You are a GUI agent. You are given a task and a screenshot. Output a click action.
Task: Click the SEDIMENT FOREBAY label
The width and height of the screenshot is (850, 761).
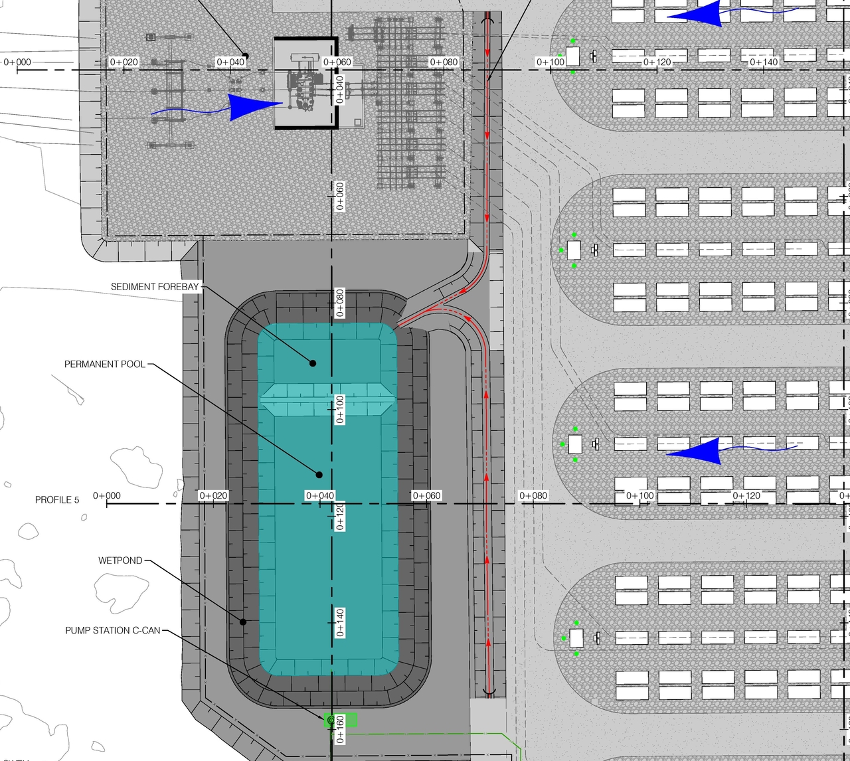coord(155,287)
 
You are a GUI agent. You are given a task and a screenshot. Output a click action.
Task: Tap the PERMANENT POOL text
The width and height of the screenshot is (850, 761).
coord(105,365)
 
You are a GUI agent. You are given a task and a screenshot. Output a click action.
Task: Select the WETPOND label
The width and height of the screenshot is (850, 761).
coord(120,560)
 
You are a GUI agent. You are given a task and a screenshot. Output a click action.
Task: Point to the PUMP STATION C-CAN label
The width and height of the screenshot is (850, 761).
coord(113,630)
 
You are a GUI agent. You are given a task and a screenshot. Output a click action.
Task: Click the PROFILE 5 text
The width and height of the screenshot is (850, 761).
coord(57,500)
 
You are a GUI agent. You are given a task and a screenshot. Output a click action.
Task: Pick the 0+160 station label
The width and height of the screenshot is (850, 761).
coord(340,729)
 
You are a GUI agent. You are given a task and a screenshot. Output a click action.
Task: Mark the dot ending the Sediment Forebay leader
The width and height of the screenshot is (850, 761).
coord(313,363)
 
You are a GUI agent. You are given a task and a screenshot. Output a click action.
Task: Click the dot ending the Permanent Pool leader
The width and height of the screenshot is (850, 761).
coord(319,475)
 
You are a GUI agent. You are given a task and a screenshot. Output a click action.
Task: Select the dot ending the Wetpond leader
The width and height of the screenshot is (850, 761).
coord(243,622)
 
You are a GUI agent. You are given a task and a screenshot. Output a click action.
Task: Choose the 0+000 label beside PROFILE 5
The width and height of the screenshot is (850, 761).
coord(107,496)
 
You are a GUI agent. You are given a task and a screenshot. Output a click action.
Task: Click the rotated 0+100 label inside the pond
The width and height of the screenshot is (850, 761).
coord(340,409)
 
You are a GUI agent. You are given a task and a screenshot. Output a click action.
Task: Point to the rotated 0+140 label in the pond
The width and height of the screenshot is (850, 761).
coord(340,622)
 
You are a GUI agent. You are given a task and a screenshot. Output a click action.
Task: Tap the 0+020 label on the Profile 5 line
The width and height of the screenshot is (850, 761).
coord(214,496)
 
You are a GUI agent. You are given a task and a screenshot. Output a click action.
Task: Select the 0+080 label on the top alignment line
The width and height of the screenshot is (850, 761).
coord(444,62)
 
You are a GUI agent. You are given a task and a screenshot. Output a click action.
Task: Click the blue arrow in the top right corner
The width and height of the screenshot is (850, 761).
coord(697,15)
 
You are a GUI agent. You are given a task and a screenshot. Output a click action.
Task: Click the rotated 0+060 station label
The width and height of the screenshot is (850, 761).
coord(340,196)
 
